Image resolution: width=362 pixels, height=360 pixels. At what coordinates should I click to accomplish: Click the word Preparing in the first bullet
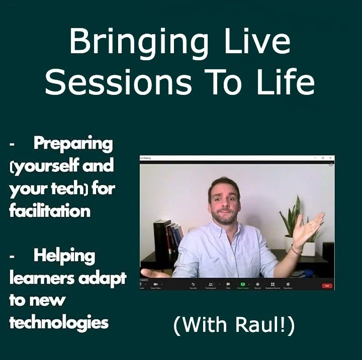coord(73,144)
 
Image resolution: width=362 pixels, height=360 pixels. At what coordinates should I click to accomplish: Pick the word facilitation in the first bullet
coord(50,210)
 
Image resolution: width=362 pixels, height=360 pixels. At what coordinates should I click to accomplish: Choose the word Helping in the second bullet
coord(64,256)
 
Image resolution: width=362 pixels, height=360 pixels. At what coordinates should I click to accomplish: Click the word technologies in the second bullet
coord(59,322)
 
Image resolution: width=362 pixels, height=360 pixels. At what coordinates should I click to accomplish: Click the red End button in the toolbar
coord(327,285)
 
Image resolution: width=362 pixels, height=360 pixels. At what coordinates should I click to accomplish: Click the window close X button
coord(330,158)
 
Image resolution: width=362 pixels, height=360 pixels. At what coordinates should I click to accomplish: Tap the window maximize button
coord(322,158)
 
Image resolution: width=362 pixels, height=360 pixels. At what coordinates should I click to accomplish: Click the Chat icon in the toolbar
coord(228,285)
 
